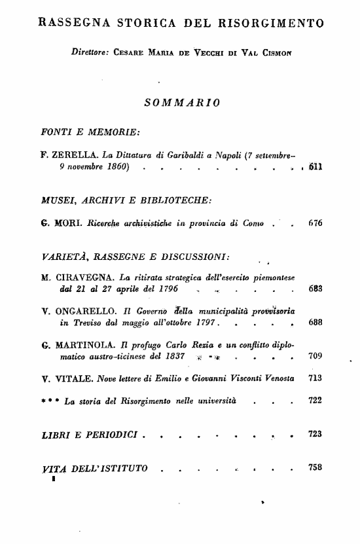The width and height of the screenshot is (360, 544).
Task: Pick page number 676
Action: click(x=315, y=223)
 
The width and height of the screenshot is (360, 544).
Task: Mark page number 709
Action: click(x=315, y=357)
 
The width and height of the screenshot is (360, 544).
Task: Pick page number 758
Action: click(x=315, y=467)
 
